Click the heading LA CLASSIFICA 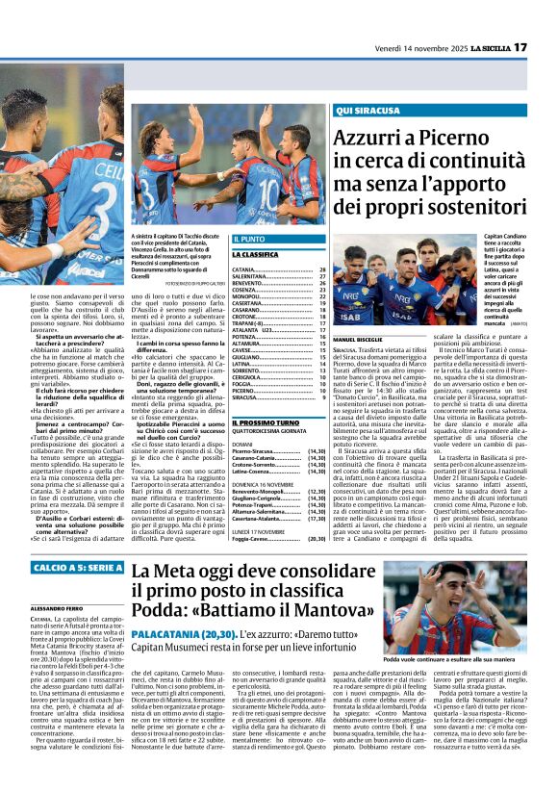[254, 255]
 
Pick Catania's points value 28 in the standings [322, 270]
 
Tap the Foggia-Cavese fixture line [253, 540]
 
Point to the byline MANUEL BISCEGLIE [357, 340]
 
